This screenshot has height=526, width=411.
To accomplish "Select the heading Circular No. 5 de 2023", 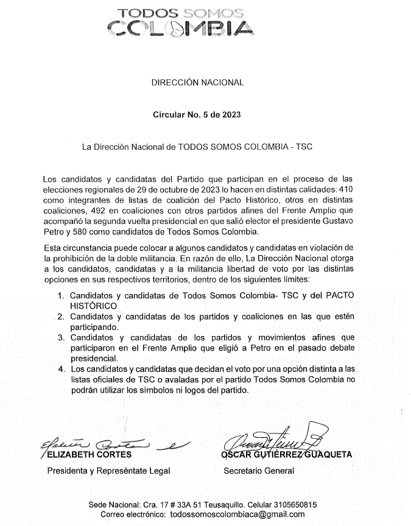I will (x=197, y=114).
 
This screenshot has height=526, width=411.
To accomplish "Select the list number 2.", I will (x=60, y=317).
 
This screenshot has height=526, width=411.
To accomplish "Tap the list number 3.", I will (x=60, y=337).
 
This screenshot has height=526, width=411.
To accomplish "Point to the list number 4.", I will (x=60, y=369).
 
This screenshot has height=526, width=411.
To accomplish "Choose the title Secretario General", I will (x=259, y=470).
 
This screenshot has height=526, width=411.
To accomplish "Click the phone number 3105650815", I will (x=288, y=505).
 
